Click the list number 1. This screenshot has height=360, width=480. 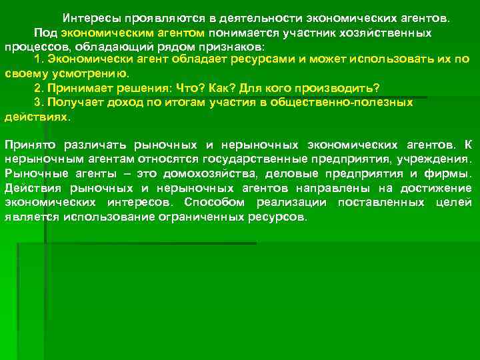coord(38,60)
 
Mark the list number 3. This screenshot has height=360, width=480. coord(38,102)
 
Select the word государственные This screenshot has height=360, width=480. coord(267,159)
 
